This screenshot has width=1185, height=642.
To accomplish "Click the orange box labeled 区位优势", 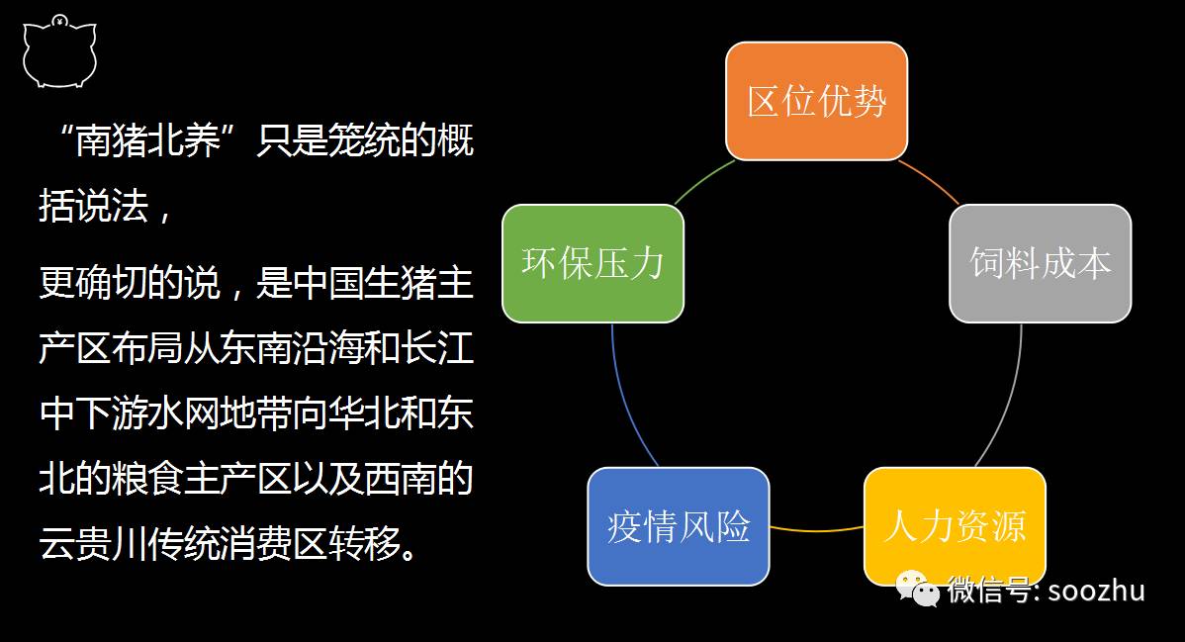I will (x=816, y=101).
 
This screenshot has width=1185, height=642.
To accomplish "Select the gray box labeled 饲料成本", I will (x=1040, y=263).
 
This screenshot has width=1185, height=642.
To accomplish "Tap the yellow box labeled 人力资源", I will (x=955, y=525).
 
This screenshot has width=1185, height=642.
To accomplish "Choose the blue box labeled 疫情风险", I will (x=678, y=525).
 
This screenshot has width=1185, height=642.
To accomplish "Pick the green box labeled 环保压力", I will (x=592, y=263).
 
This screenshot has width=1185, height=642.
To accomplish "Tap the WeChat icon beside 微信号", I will (x=917, y=590).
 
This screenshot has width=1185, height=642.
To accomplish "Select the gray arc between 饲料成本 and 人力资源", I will (x=1011, y=396).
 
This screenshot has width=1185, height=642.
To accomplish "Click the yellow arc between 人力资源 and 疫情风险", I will (x=816, y=530).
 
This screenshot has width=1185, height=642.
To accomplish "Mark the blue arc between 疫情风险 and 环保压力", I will (x=623, y=396).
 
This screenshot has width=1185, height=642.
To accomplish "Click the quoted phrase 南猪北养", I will (x=148, y=142).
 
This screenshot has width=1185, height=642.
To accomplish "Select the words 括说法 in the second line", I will (x=94, y=206).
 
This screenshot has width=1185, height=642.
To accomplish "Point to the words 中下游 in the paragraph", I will (x=94, y=414).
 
